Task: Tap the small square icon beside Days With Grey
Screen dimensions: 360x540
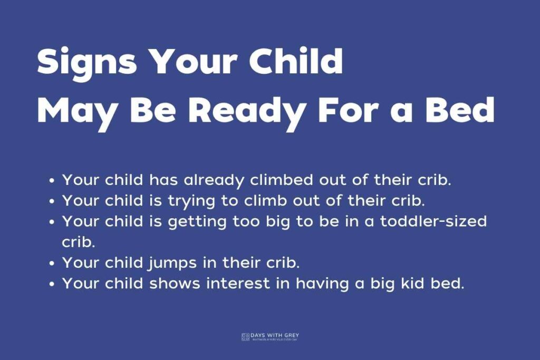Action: tap(245, 336)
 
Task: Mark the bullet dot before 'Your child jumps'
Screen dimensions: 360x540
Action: tap(52, 263)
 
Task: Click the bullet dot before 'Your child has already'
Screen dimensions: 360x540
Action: tap(52, 181)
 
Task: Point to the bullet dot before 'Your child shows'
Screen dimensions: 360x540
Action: tap(52, 284)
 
